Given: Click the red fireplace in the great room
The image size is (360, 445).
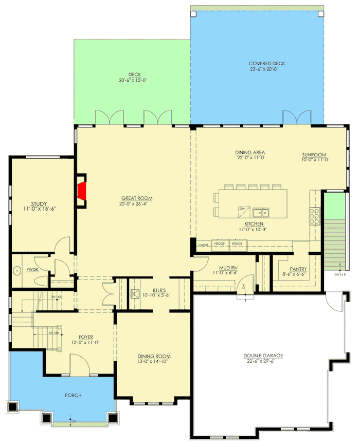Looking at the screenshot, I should point(81,191).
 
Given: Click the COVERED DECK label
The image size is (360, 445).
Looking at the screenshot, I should point(267,64).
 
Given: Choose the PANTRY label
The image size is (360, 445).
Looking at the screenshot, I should point(298,269).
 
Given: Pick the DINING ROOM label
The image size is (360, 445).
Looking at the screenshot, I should point(154,356).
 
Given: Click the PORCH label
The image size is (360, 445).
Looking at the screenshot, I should point(73,395).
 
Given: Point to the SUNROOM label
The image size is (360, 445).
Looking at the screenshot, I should point(315,153).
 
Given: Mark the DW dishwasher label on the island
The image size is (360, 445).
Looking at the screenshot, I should point(242,208).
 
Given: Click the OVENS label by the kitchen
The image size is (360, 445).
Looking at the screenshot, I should point(204,245).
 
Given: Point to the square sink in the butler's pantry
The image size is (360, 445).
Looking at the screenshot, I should point(136,294).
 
